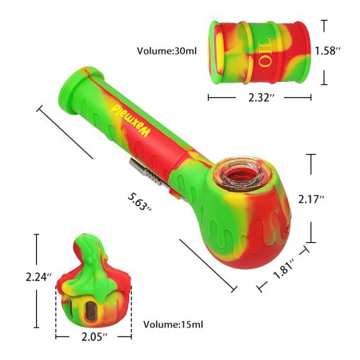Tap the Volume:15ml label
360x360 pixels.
173,324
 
